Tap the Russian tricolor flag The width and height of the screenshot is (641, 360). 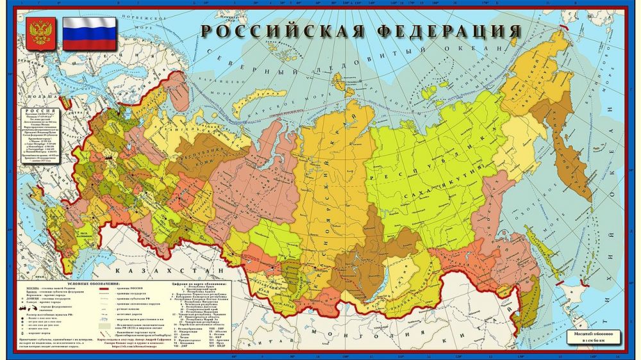[89, 33]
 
